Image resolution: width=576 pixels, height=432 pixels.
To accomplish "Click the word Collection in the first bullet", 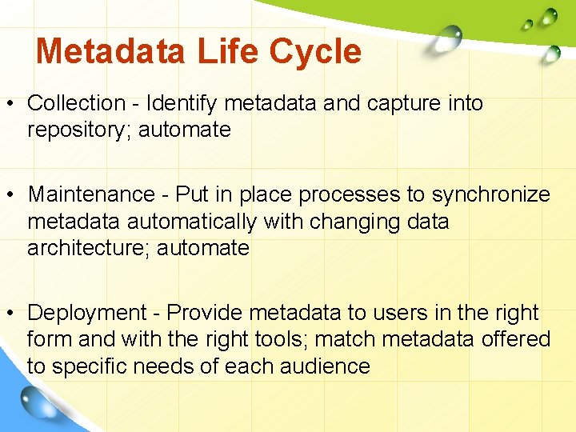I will point(77,103).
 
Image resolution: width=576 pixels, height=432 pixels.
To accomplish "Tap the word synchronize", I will point(491,194).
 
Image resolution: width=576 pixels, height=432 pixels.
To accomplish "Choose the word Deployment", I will point(87,313).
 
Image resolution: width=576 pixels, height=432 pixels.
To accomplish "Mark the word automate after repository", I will point(185,130).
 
